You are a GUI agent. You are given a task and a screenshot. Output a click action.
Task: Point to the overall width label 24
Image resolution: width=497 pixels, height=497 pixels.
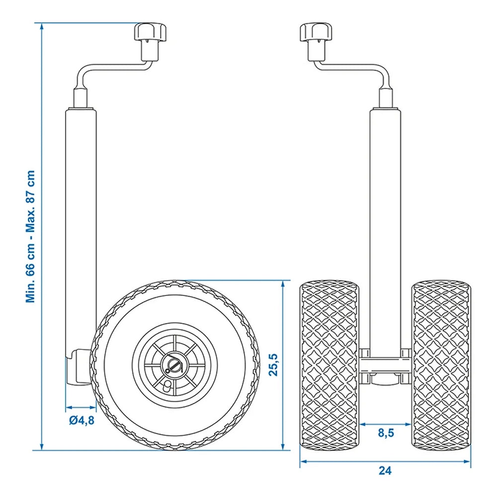tap(385, 471)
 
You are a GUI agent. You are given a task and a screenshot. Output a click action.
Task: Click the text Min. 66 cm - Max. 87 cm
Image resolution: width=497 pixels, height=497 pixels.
tap(31, 237)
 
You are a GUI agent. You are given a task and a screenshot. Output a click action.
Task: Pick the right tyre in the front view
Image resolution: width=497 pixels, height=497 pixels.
tap(441, 365)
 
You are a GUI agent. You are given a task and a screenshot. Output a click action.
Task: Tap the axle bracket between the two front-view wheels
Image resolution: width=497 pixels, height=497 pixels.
tap(385, 365)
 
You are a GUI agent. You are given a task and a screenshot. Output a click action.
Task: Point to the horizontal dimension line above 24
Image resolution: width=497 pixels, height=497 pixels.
tap(385, 460)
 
